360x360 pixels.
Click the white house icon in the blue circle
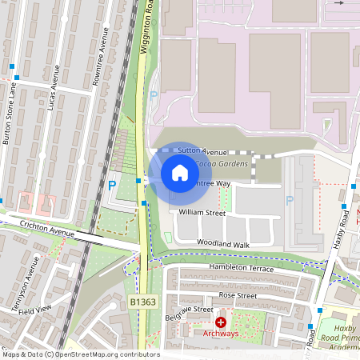(180, 173)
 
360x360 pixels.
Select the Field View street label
(36, 307)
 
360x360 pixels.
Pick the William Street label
(202, 213)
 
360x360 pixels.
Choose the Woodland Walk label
(224, 243)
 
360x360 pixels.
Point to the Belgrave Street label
(190, 310)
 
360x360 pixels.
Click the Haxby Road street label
(342, 229)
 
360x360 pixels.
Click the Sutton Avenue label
(202, 150)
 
